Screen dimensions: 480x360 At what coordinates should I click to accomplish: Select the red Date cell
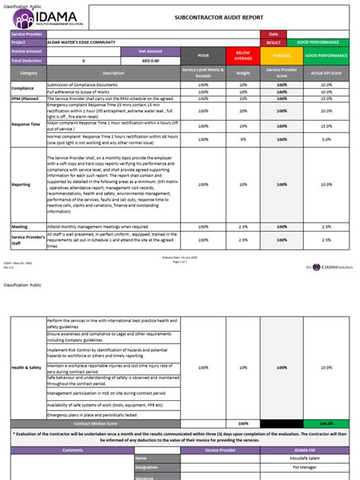[x=273, y=33]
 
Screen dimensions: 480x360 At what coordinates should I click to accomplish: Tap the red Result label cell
[x=273, y=42]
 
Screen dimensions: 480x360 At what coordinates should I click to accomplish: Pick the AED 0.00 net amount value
[x=150, y=60]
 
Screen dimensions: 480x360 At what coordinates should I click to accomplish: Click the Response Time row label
[x=27, y=124]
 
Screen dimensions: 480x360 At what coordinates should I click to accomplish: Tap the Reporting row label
[x=21, y=184]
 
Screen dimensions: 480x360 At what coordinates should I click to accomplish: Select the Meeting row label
[x=20, y=226]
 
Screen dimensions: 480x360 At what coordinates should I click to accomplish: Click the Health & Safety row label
[x=27, y=368]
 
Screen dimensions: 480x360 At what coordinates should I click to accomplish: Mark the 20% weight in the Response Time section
[x=242, y=111]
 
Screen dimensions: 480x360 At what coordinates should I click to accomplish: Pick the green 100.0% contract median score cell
[x=326, y=423]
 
